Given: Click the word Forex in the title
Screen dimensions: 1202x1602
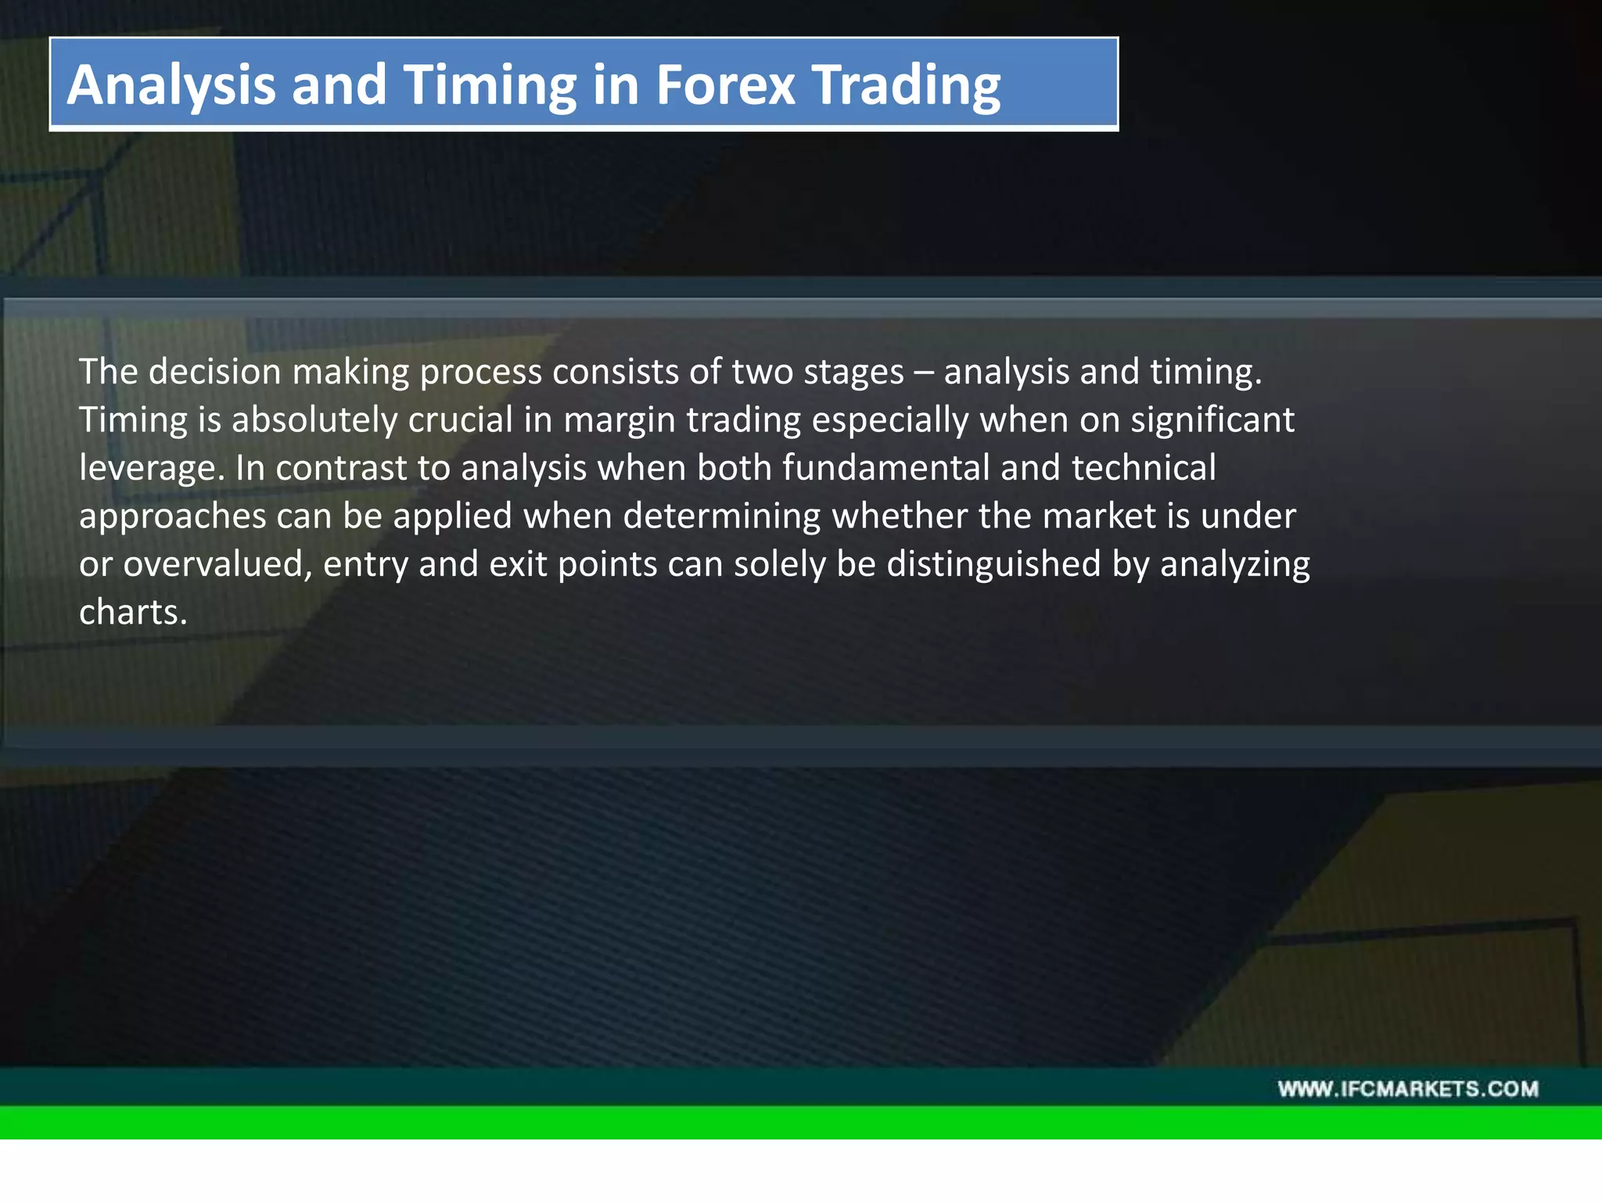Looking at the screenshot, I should coord(725,85).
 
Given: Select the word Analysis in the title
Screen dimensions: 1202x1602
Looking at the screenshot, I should coord(171,85).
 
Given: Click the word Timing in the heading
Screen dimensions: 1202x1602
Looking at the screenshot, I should coord(490,85).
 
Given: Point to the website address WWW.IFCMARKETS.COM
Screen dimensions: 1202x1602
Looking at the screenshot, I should coord(1408,1089).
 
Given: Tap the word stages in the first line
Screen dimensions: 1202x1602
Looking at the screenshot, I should coord(853,372).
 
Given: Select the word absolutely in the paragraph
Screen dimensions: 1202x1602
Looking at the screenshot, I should coord(314,420).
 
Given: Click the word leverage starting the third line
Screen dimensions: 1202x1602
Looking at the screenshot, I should coord(152,468).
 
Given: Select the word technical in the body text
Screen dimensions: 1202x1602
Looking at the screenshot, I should coord(1143,468).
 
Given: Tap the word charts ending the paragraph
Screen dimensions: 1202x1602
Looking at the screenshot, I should coord(132,613).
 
